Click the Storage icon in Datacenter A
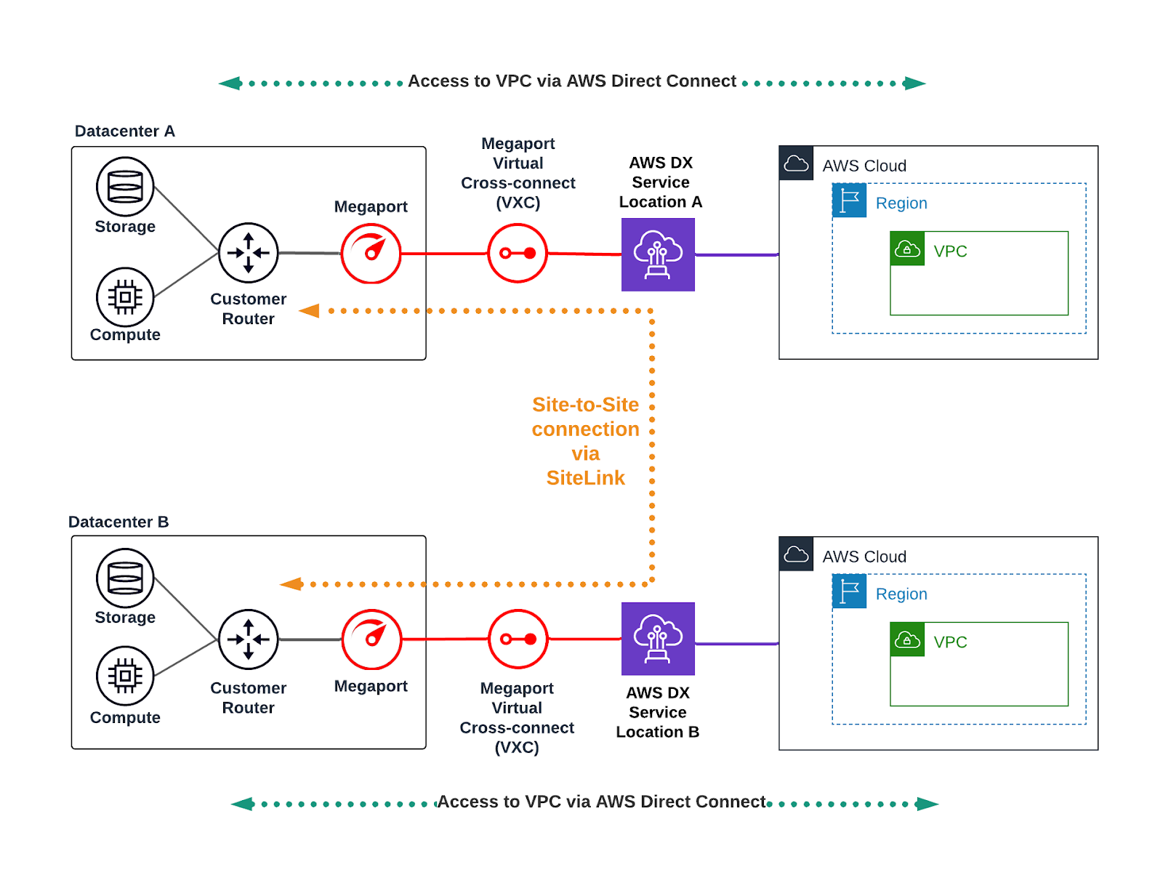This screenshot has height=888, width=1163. tap(125, 187)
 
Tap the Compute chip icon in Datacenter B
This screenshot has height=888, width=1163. tap(125, 675)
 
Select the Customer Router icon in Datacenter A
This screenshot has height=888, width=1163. tap(249, 253)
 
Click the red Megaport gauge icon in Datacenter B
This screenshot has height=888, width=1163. tap(371, 639)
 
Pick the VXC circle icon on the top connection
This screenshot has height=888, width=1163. tap(518, 253)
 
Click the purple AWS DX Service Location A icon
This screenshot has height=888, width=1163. tap(658, 254)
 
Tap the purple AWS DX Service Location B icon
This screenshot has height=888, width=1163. tap(658, 639)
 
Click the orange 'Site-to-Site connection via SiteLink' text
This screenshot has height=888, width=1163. tap(585, 441)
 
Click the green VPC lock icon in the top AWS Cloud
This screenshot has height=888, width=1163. tap(907, 249)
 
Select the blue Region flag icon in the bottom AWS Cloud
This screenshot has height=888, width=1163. tap(849, 592)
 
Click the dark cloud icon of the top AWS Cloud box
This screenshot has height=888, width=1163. tap(796, 164)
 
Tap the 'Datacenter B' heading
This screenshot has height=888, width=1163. tap(118, 522)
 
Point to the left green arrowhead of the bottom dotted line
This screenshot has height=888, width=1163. tap(243, 804)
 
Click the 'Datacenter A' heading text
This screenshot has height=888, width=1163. tap(125, 132)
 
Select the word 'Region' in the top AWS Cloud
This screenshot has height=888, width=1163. tap(901, 203)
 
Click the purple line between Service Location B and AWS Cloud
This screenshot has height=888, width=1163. tap(736, 644)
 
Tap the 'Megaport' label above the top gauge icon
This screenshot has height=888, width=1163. tap(371, 207)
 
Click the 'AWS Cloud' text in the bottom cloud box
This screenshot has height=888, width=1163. tap(864, 557)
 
